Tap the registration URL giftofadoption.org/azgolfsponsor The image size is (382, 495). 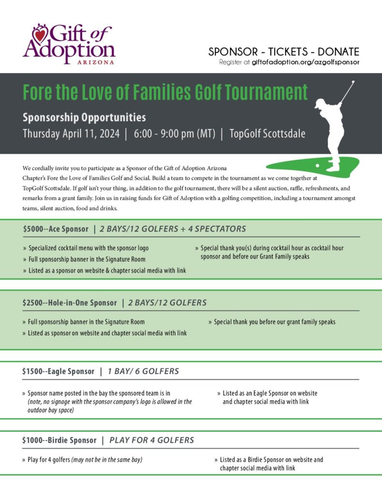pos(306,62)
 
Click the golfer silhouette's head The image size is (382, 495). pos(320,103)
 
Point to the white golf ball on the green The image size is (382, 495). pos(317,165)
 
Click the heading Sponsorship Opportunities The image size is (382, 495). pos(84,117)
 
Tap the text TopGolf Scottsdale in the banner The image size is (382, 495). pos(267,134)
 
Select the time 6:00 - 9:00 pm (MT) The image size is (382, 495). pos(174,134)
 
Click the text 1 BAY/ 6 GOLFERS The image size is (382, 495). pos(143,371)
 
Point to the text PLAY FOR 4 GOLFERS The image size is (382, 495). pos(152,440)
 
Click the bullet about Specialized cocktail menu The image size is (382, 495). pos(92,248)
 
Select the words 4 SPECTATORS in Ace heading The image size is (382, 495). pos(220,229)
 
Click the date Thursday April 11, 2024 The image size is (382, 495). pos(71,134)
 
